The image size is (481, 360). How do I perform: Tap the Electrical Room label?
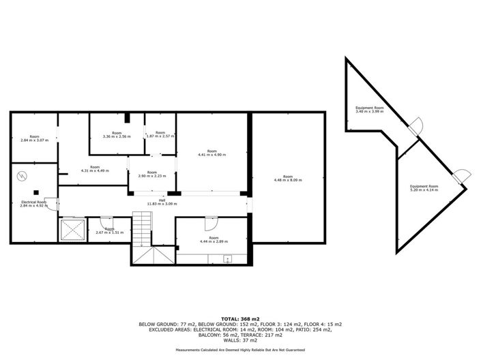pyautogui.click(x=33, y=203)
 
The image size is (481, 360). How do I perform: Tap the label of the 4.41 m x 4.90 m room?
pyautogui.click(x=212, y=153)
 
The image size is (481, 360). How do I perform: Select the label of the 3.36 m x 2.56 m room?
pyautogui.click(x=116, y=134)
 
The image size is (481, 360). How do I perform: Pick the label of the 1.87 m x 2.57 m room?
pyautogui.click(x=160, y=134)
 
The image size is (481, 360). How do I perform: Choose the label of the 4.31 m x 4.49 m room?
pyautogui.click(x=95, y=169)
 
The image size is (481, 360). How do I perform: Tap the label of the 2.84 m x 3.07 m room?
pyautogui.click(x=34, y=138)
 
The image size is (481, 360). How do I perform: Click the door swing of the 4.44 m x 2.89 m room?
pyautogui.click(x=211, y=224)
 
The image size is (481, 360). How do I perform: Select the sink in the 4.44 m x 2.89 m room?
pyautogui.click(x=228, y=258)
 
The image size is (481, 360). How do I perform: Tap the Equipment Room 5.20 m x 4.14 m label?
pyautogui.click(x=424, y=188)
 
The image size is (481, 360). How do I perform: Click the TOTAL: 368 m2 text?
pyautogui.click(x=239, y=318)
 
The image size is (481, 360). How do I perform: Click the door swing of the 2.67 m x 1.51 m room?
pyautogui.click(x=106, y=223)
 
